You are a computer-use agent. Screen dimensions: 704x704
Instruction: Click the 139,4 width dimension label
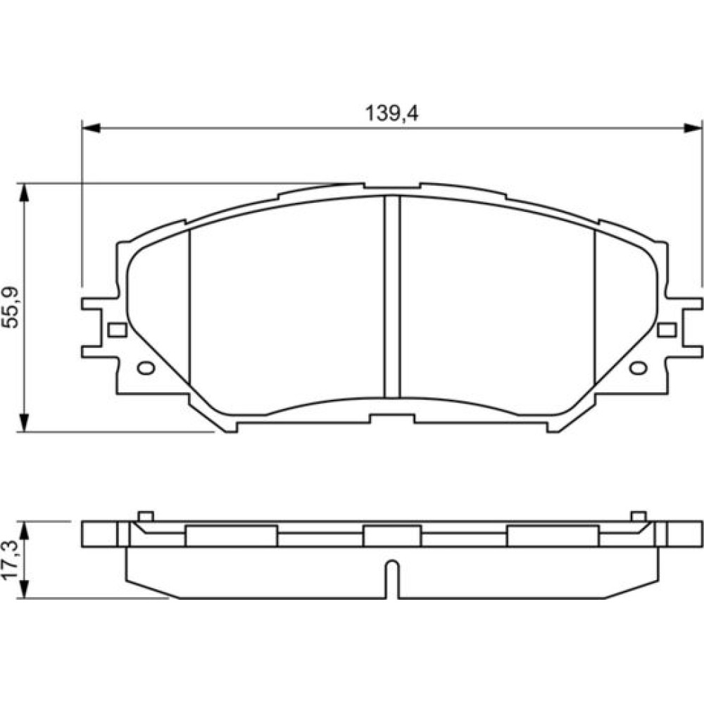(x=391, y=113)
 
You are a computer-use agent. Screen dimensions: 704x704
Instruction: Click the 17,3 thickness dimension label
(x=11, y=560)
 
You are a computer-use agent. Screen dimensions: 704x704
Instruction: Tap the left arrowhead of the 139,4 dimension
(x=91, y=128)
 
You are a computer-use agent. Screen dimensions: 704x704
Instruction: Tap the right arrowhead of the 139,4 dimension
(x=692, y=128)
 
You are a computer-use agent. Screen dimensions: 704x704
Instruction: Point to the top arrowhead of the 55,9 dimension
(x=24, y=192)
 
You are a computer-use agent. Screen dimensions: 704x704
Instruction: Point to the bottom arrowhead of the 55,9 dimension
(x=24, y=422)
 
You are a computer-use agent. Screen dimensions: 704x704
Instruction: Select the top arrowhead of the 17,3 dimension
(x=24, y=531)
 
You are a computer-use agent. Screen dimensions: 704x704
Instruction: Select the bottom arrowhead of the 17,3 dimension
(x=24, y=589)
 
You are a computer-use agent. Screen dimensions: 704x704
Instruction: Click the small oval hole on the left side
(x=146, y=368)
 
